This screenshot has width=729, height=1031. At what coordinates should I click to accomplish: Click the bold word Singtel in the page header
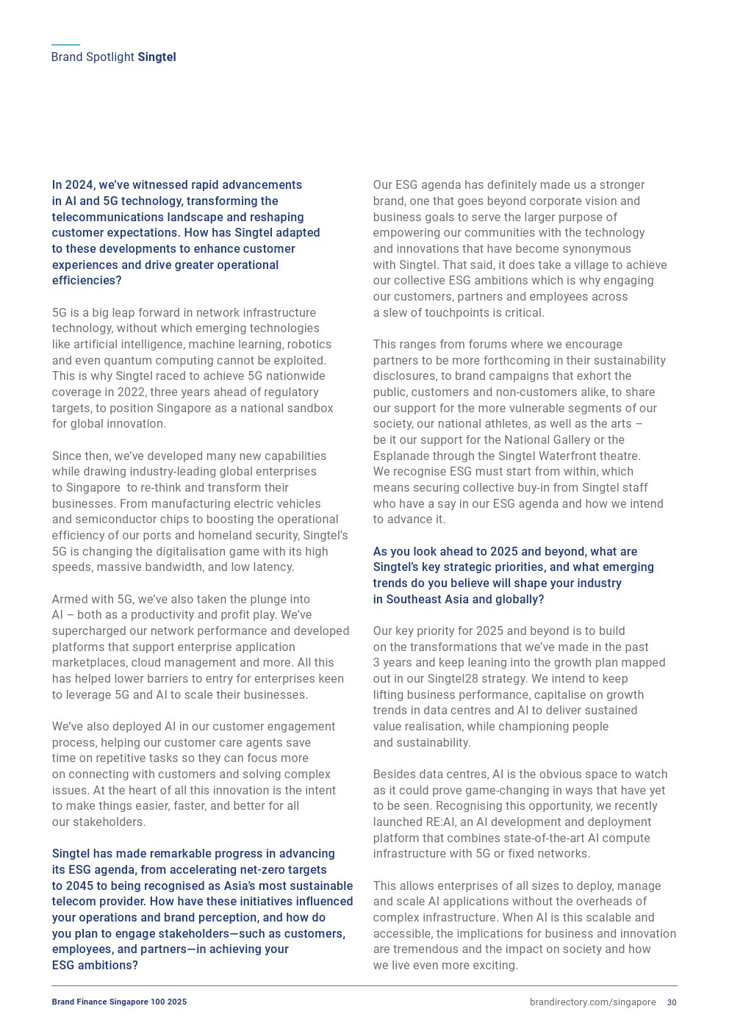(157, 57)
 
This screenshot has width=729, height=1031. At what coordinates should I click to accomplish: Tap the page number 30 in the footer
(672, 1002)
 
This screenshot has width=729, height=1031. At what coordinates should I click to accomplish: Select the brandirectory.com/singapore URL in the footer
(592, 1002)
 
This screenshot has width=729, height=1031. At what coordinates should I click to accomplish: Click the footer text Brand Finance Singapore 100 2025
(119, 1002)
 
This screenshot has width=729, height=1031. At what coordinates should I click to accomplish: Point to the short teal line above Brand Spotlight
(65, 45)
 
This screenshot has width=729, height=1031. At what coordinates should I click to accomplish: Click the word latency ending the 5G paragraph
(273, 567)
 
